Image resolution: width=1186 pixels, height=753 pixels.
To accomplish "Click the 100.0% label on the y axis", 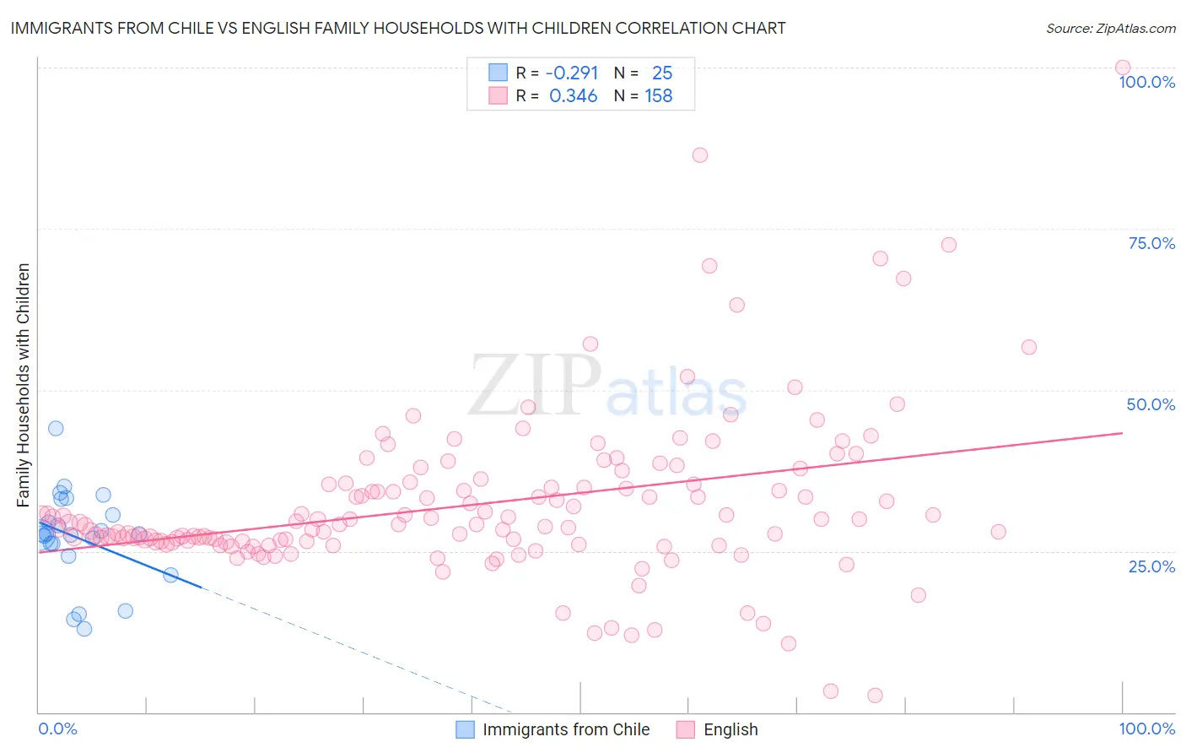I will (x=1146, y=82).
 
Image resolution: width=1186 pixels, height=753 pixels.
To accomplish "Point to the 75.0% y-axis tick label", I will (x=1151, y=243).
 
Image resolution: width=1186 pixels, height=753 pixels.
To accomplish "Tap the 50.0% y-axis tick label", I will (x=1151, y=404).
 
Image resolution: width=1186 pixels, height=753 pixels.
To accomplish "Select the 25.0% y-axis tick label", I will (x=1151, y=566).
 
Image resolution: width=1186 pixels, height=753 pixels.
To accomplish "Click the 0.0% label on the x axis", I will (x=57, y=729).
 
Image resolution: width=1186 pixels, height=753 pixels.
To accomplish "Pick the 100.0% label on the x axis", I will (x=1146, y=729).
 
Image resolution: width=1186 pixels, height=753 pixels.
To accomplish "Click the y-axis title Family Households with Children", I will (x=23, y=385).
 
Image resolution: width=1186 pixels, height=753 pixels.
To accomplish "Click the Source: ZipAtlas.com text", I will (x=1110, y=29).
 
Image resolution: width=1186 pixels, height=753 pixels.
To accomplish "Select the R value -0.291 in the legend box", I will (x=571, y=73).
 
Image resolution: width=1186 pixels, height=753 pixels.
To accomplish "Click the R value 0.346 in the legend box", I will (x=573, y=96).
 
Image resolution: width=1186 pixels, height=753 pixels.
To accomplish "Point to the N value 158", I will (x=659, y=96).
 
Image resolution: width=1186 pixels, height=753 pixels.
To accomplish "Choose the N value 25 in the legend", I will (x=662, y=73).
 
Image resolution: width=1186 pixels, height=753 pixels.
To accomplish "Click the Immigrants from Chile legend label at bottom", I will (x=566, y=729).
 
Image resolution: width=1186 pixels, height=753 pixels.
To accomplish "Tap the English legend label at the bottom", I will (x=730, y=729).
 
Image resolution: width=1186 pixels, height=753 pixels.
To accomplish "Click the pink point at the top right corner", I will (x=1122, y=68).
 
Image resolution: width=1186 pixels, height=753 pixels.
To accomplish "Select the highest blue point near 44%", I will (x=56, y=428).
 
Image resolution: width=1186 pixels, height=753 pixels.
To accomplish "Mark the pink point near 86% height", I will (x=699, y=155).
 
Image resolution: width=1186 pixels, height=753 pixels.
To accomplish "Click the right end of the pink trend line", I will (x=1122, y=433).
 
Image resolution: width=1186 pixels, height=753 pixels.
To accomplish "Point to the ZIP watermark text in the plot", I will (x=535, y=386).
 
